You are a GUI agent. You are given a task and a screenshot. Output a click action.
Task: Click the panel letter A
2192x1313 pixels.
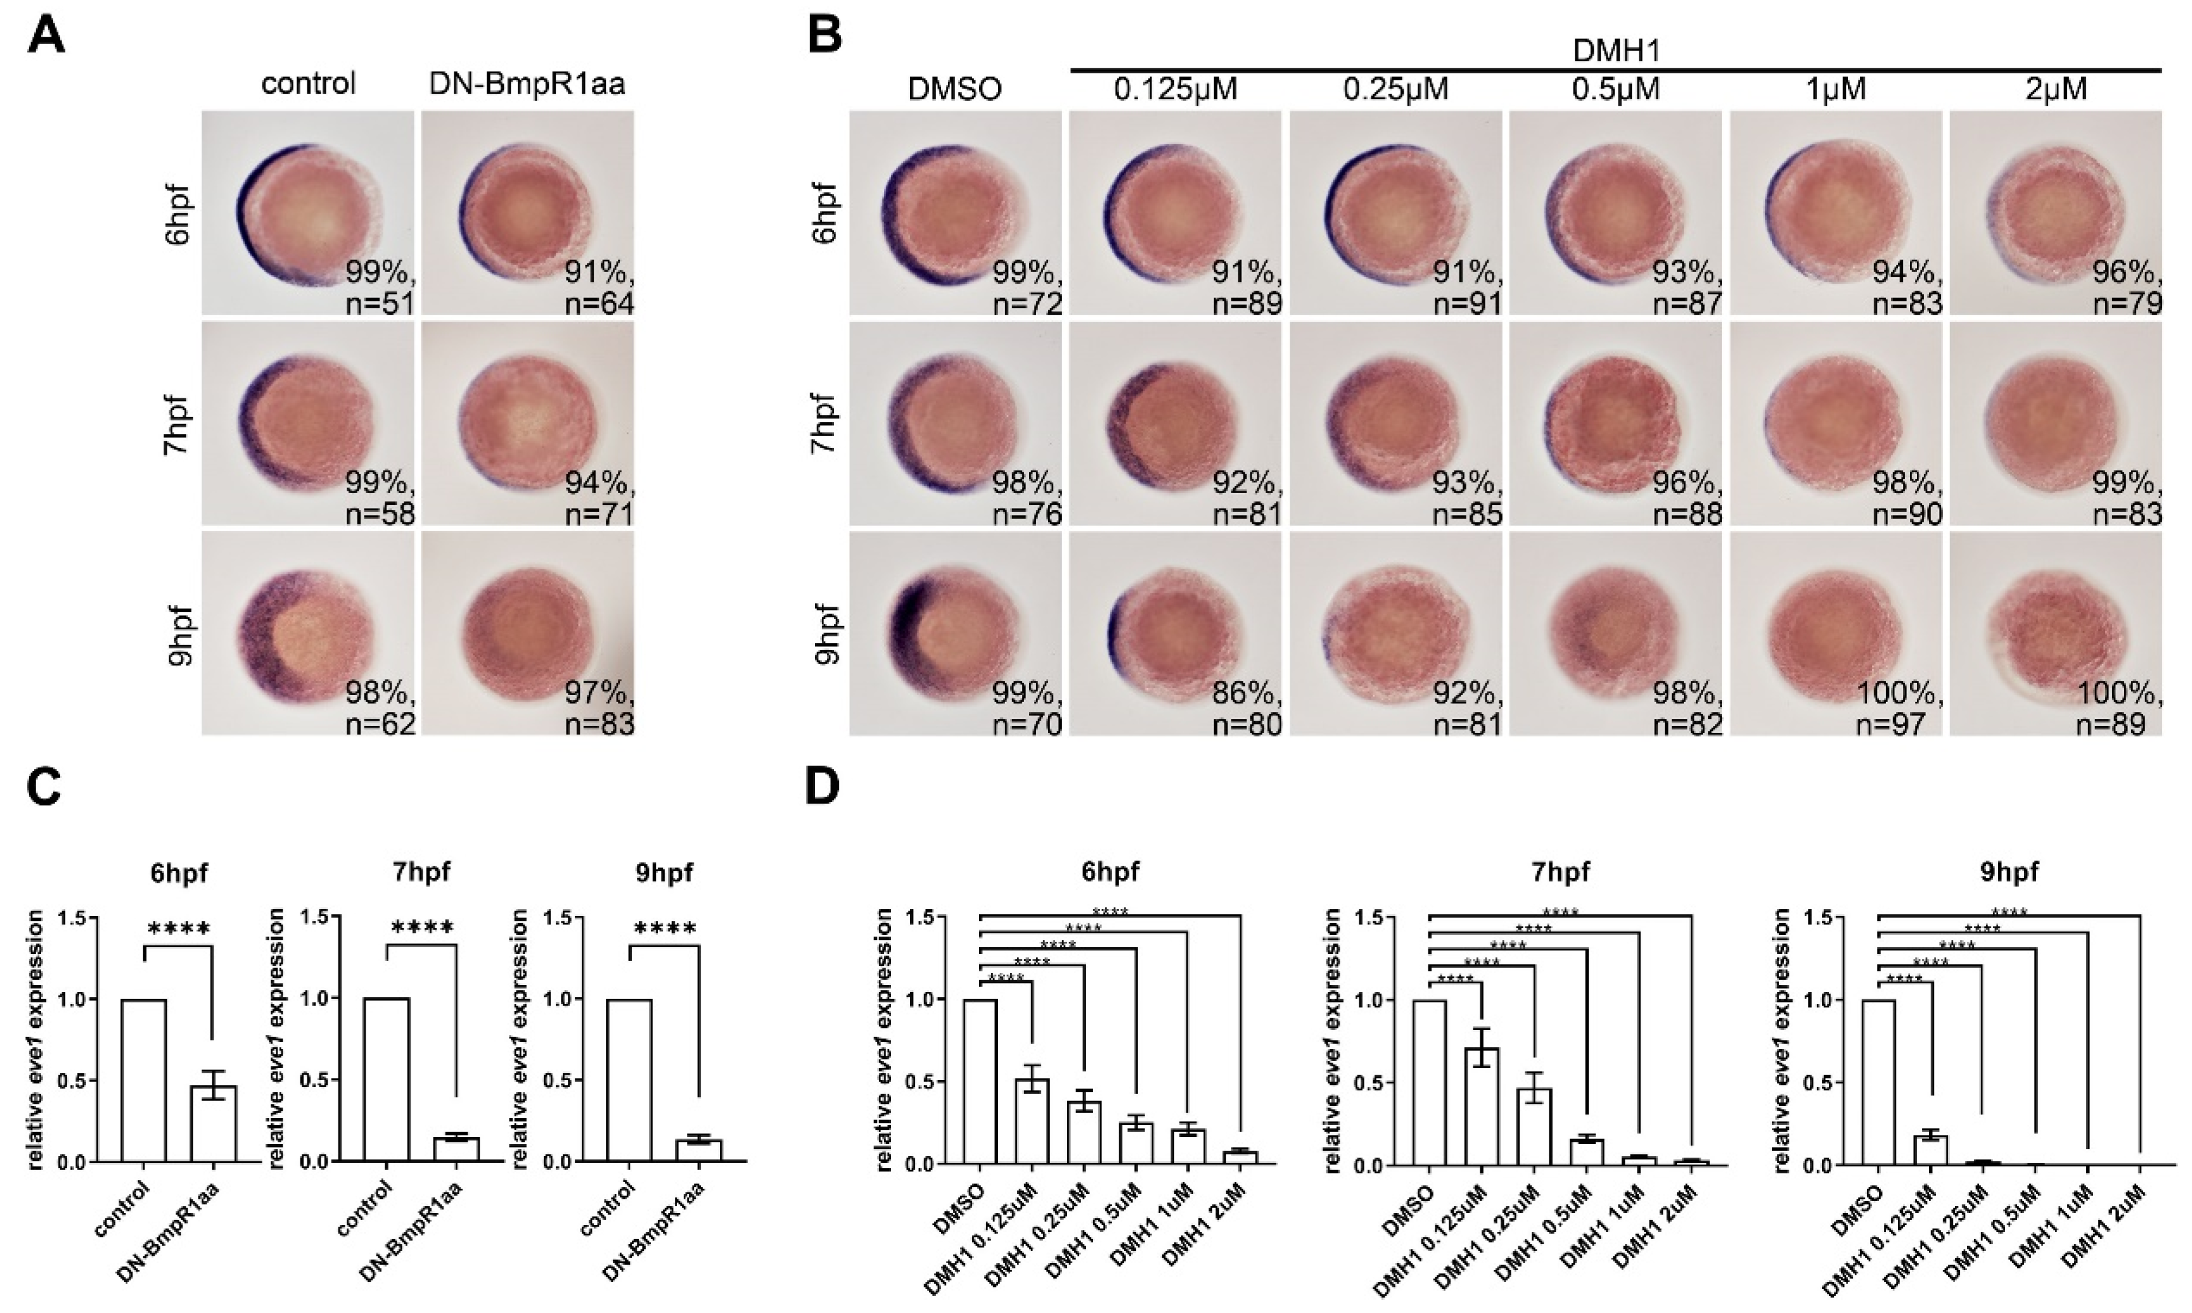pos(46,37)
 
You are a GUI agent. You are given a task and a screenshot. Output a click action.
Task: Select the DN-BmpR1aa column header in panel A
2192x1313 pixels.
pos(527,84)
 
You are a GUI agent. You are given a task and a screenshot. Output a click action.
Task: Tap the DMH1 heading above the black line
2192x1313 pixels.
pos(1615,51)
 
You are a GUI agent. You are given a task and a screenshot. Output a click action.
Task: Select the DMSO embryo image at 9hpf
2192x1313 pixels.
pos(955,633)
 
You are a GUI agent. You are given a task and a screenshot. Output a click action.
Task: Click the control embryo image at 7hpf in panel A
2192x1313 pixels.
pos(307,424)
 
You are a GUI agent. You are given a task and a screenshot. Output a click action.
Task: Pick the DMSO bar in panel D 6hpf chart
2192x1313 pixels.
pos(980,1081)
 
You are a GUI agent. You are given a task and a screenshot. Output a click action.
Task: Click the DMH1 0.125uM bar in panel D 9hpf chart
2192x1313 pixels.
pos(1930,1148)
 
